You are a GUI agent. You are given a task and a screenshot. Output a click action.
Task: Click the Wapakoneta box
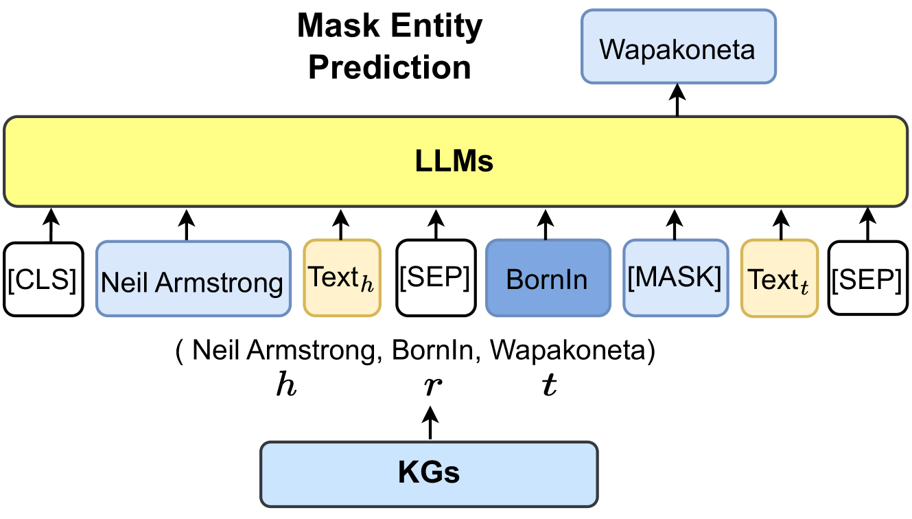click(679, 47)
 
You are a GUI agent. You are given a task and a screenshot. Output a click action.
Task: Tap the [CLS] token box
click(43, 279)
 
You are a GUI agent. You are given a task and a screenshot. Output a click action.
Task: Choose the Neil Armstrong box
click(193, 278)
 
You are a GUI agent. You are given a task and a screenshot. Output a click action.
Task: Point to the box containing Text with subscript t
click(779, 278)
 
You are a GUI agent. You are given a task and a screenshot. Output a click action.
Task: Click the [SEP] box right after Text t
click(867, 278)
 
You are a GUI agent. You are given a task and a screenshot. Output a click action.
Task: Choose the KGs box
click(429, 474)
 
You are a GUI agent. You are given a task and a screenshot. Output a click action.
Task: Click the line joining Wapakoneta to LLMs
click(678, 100)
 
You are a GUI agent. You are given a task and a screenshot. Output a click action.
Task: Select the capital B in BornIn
click(513, 279)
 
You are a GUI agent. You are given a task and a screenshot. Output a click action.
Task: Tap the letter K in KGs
click(407, 473)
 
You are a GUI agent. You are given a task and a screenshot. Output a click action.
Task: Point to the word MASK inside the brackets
click(675, 276)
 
